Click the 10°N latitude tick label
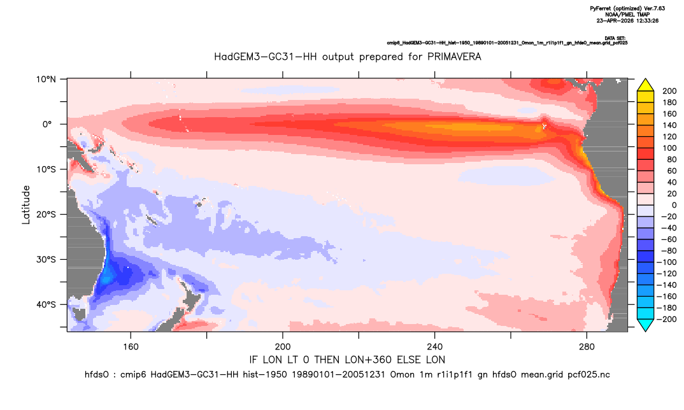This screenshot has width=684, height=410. coord(46,80)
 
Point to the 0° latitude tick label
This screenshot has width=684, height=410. coord(47,124)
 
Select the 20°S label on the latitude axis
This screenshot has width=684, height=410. coord(46,215)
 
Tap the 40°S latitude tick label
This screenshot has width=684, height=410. coord(46,304)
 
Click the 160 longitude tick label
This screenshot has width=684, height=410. coord(131,347)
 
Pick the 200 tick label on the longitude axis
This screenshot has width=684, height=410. coord(283,347)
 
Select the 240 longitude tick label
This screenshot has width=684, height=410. coord(435,347)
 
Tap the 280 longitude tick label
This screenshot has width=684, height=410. coord(587,347)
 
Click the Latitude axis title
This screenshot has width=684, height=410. coord(26,205)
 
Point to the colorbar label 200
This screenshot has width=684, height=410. coord(669,91)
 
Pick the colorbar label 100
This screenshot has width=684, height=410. coord(669,148)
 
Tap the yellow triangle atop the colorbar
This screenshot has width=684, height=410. coord(645,85)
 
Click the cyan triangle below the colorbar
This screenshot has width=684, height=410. coord(645,325)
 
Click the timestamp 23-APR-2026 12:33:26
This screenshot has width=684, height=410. coord(627,20)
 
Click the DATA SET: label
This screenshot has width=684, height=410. coord(616,38)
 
